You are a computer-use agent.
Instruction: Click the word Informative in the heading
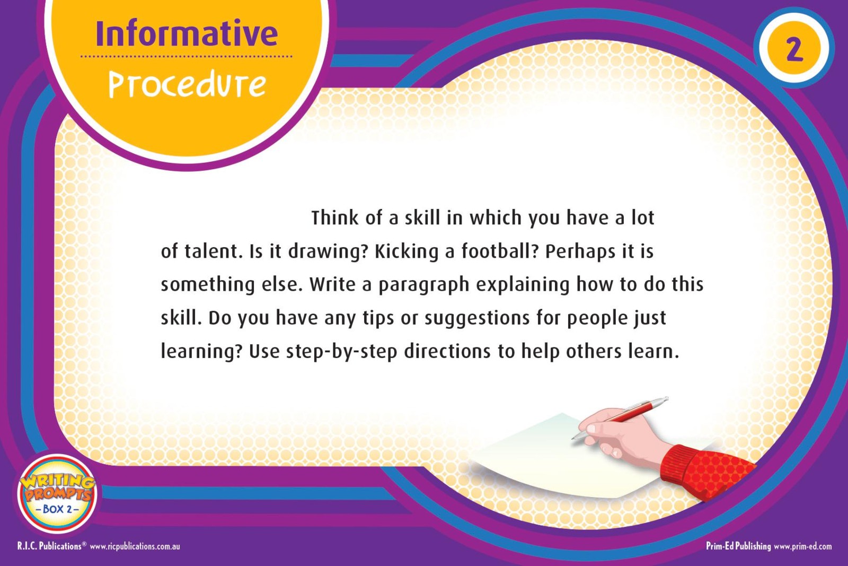point(187,33)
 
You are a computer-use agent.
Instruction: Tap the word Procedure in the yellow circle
point(188,84)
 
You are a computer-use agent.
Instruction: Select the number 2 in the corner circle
point(794,50)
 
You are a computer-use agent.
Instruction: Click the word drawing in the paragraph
point(328,252)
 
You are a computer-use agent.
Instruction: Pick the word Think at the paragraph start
point(334,217)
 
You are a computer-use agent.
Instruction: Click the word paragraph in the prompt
point(424,285)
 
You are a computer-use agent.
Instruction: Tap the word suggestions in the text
point(477,319)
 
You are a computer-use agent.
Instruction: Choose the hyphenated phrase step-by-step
point(341,352)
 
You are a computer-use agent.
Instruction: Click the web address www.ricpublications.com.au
point(135,546)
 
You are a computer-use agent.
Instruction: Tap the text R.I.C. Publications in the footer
point(49,546)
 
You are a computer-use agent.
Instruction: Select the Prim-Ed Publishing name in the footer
point(738,546)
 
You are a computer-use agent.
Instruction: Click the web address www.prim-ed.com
point(803,546)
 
